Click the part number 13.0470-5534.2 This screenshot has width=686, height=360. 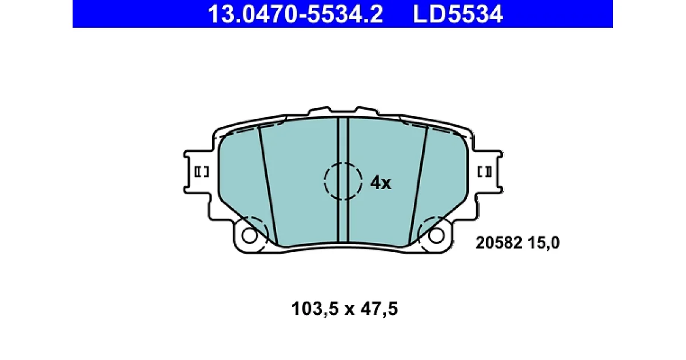click(x=295, y=14)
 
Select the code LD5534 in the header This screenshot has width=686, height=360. click(x=458, y=14)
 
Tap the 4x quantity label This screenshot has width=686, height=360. click(x=381, y=183)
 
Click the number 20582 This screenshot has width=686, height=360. click(x=499, y=243)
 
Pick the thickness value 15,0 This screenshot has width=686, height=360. click(x=544, y=243)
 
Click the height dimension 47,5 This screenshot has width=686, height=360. click(x=379, y=308)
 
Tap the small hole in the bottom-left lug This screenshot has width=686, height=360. click(x=250, y=235)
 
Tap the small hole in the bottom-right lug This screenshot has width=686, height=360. click(x=436, y=235)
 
